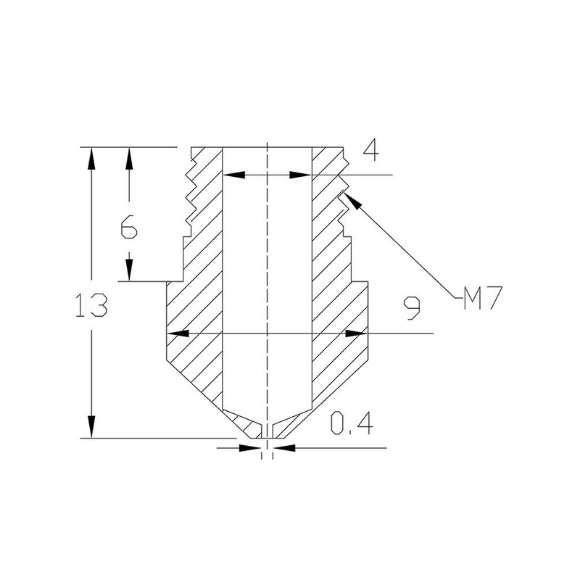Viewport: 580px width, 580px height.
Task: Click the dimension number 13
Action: pyautogui.click(x=91, y=305)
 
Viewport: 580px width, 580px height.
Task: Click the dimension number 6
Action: pyautogui.click(x=129, y=227)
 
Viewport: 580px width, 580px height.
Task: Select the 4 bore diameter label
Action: pyautogui.click(x=371, y=152)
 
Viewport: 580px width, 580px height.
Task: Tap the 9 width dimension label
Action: pyautogui.click(x=412, y=307)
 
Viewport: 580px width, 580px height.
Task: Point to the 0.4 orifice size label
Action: pyautogui.click(x=352, y=423)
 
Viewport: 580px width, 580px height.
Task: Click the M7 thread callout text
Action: pyautogui.click(x=483, y=297)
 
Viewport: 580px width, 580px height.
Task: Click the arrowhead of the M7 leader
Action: pyautogui.click(x=352, y=201)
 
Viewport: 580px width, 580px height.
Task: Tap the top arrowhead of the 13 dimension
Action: pyautogui.click(x=91, y=158)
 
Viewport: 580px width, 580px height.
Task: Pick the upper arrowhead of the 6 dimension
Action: pyautogui.click(x=129, y=158)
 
